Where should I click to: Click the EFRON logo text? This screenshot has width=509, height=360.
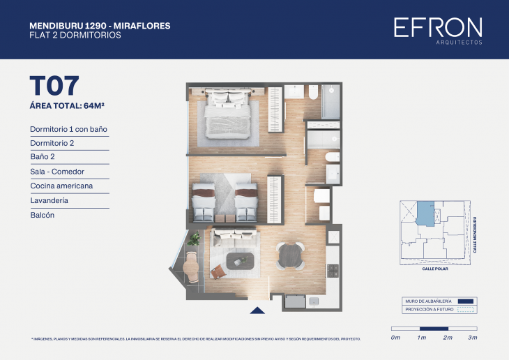[x=437, y=27]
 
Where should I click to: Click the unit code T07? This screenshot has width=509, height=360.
[x=54, y=86]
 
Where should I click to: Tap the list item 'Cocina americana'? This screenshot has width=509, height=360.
[x=61, y=186]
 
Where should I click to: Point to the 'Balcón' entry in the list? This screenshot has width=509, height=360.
[x=43, y=216]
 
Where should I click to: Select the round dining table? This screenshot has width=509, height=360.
[x=289, y=255]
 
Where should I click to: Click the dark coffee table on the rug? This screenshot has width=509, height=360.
[x=241, y=262]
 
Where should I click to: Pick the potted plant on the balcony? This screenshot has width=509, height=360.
[x=194, y=239]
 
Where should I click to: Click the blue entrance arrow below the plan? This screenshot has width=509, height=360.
[x=257, y=311]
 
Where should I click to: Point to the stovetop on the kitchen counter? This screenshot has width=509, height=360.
[x=333, y=271]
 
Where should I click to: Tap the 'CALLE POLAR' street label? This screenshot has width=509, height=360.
[x=436, y=268]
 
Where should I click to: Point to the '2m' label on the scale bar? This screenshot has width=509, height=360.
[x=448, y=338]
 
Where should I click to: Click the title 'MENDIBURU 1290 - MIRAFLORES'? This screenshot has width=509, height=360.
[x=100, y=26]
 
